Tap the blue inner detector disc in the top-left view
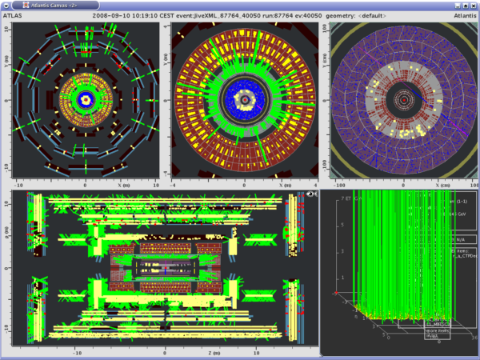[x=86, y=101]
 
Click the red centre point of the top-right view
[x=405, y=102]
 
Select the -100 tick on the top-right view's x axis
[x=337, y=184]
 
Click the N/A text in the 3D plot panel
[x=460, y=238]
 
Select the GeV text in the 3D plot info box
[x=461, y=214]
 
